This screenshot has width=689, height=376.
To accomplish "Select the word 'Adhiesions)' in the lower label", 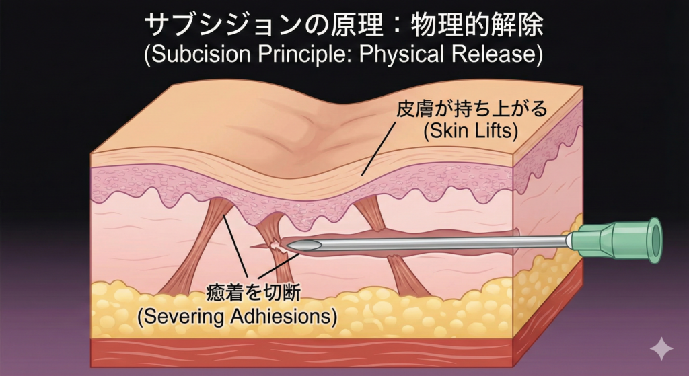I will [286, 316].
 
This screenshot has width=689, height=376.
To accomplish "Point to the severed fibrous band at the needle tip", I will [276, 248].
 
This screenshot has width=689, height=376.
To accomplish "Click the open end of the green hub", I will [652, 239].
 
